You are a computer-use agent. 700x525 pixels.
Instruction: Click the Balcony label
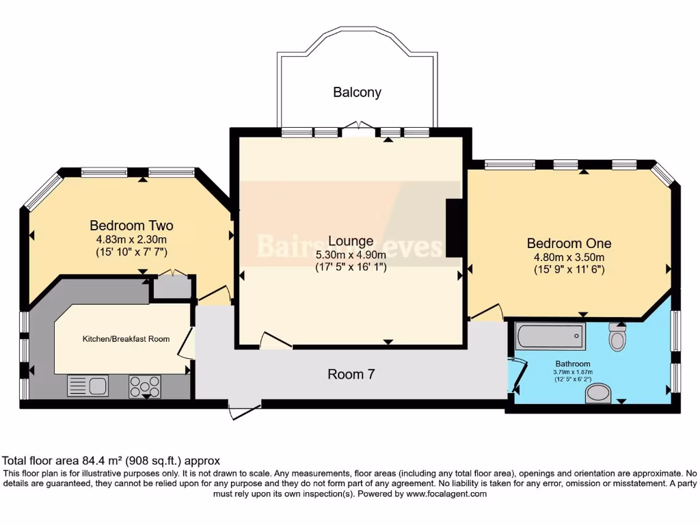[x=357, y=92]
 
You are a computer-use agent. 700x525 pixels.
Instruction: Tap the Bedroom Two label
[x=131, y=226]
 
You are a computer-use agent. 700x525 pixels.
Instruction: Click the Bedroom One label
[x=569, y=243]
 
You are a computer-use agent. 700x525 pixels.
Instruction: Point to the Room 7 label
[x=351, y=374]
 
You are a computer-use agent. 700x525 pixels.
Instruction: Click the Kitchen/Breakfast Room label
[x=126, y=339]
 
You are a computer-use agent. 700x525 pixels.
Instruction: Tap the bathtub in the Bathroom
[x=551, y=336]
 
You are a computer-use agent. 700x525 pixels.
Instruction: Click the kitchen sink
[x=87, y=386]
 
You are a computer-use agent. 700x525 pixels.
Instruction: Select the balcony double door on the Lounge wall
[x=359, y=127]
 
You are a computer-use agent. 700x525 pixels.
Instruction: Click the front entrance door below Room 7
[x=245, y=411]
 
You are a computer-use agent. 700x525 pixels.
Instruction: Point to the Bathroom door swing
[x=517, y=375]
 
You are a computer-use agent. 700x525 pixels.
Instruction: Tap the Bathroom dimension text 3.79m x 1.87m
[x=573, y=373]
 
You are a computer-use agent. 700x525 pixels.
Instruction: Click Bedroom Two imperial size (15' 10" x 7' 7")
[x=131, y=252]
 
